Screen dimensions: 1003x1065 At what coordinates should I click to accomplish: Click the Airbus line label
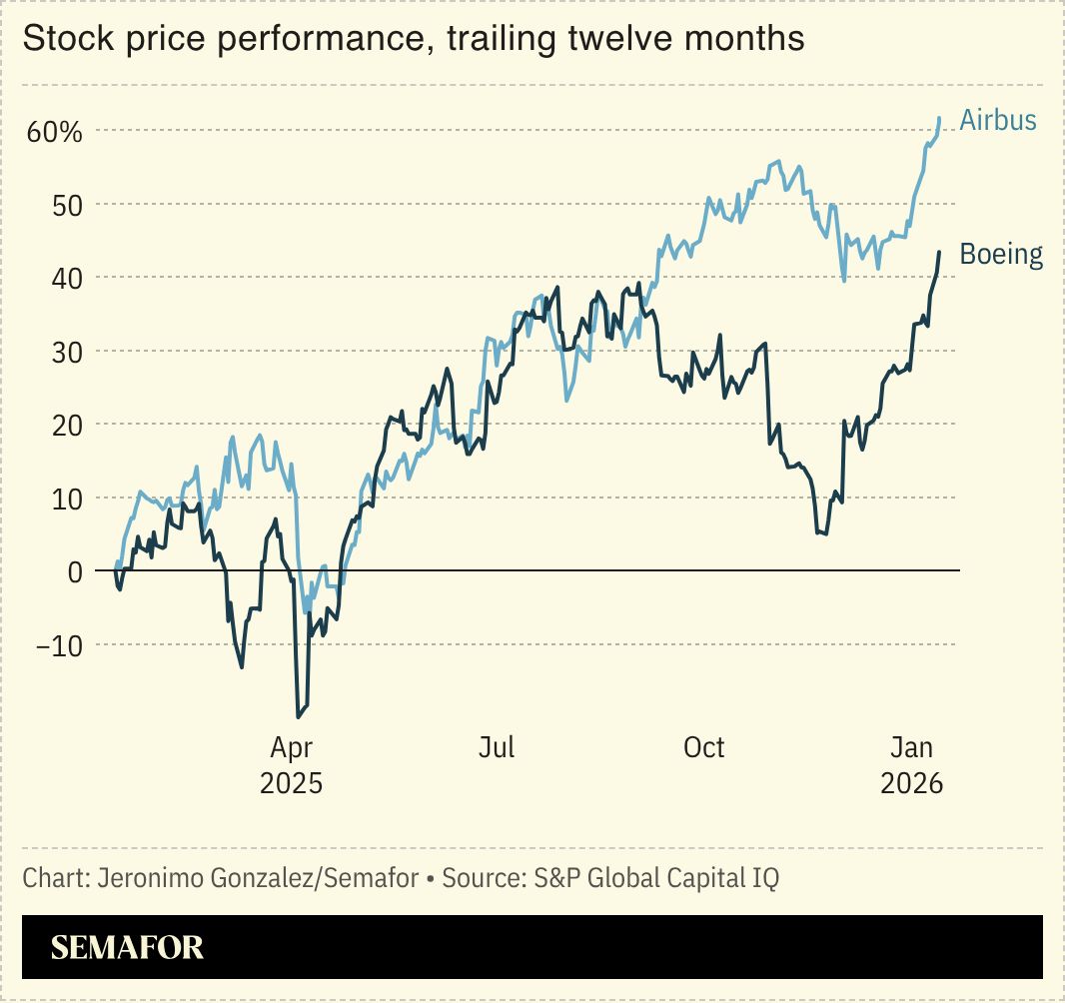[x=997, y=121]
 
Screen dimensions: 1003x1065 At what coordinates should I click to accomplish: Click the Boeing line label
[x=1000, y=255]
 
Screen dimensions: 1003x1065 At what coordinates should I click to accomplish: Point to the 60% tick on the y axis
[x=55, y=132]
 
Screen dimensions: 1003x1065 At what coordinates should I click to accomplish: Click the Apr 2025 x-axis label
[x=291, y=764]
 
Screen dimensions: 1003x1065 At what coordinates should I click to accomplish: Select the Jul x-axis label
[x=497, y=747]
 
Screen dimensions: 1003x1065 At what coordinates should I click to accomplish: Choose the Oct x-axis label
[x=703, y=747]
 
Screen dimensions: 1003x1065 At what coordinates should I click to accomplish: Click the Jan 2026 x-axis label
[x=911, y=764]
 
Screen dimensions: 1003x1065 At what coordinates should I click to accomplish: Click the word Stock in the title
[x=61, y=39]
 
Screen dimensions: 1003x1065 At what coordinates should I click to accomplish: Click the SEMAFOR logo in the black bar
[x=127, y=947]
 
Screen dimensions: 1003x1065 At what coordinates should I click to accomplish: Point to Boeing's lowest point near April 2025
[x=299, y=716]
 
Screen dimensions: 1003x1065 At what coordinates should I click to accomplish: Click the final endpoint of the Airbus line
[x=939, y=118]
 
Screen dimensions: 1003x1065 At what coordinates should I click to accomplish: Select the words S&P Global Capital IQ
[x=655, y=878]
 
